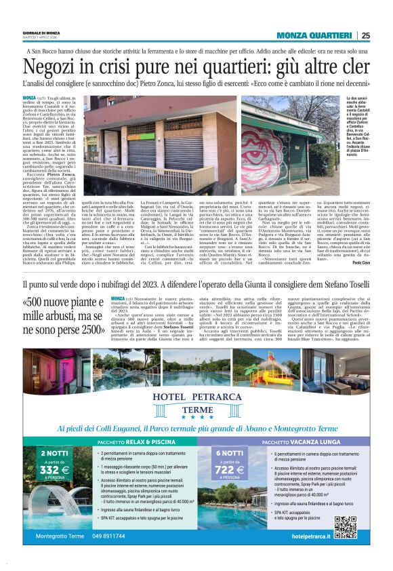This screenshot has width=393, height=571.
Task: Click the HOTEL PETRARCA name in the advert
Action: click(x=196, y=397)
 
